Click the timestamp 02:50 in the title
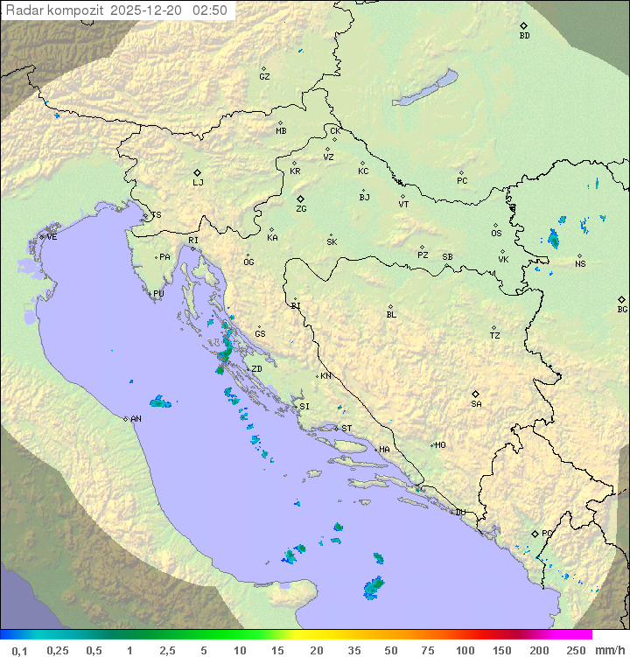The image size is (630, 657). click(x=210, y=10)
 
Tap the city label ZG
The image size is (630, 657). click(x=301, y=209)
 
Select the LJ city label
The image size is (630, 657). click(x=198, y=183)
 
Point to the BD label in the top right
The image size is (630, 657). click(x=524, y=36)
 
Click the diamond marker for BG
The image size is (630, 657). click(x=621, y=299)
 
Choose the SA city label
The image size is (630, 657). click(x=476, y=404)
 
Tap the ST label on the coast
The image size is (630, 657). click(x=346, y=429)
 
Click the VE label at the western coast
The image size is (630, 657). click(x=52, y=237)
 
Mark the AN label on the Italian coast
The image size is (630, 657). click(x=136, y=419)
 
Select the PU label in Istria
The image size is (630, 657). click(x=158, y=294)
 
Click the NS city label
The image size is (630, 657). click(x=580, y=264)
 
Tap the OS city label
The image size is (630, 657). click(x=496, y=234)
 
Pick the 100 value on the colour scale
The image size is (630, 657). click(x=465, y=650)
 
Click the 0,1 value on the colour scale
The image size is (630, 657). click(x=19, y=650)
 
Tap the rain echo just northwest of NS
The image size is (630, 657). click(x=553, y=238)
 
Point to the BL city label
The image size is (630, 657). click(x=391, y=315)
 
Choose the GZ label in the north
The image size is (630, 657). click(x=264, y=76)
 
